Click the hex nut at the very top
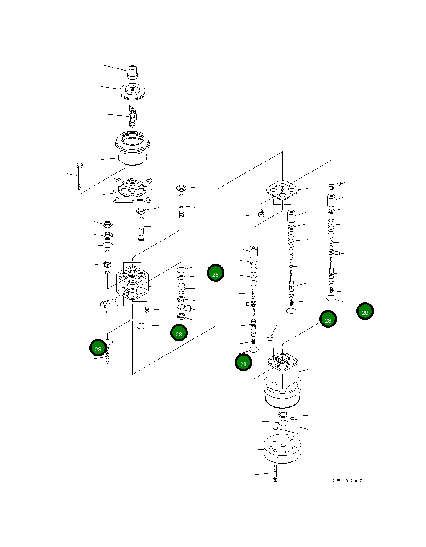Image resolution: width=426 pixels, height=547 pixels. tap(133, 72)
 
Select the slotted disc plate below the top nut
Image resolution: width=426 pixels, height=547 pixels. tap(133, 91)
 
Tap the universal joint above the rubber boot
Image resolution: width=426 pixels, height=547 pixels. tap(133, 115)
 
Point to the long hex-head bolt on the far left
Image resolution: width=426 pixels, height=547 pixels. tap(79, 176)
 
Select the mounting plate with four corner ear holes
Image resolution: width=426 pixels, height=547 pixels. tap(132, 190)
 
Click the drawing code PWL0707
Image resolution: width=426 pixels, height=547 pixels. tap(347, 481)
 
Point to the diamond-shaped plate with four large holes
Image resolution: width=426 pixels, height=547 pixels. tap(282, 190)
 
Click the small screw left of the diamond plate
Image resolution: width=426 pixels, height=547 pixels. tap(261, 214)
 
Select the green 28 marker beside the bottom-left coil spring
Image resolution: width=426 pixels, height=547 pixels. tap(98, 348)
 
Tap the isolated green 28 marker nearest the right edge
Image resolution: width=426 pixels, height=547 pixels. tap(365, 311)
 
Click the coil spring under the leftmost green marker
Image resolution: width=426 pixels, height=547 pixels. tap(107, 355)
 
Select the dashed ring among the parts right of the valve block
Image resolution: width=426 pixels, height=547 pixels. tap(181, 307)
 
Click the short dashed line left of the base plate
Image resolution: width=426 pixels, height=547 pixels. tap(243, 454)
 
